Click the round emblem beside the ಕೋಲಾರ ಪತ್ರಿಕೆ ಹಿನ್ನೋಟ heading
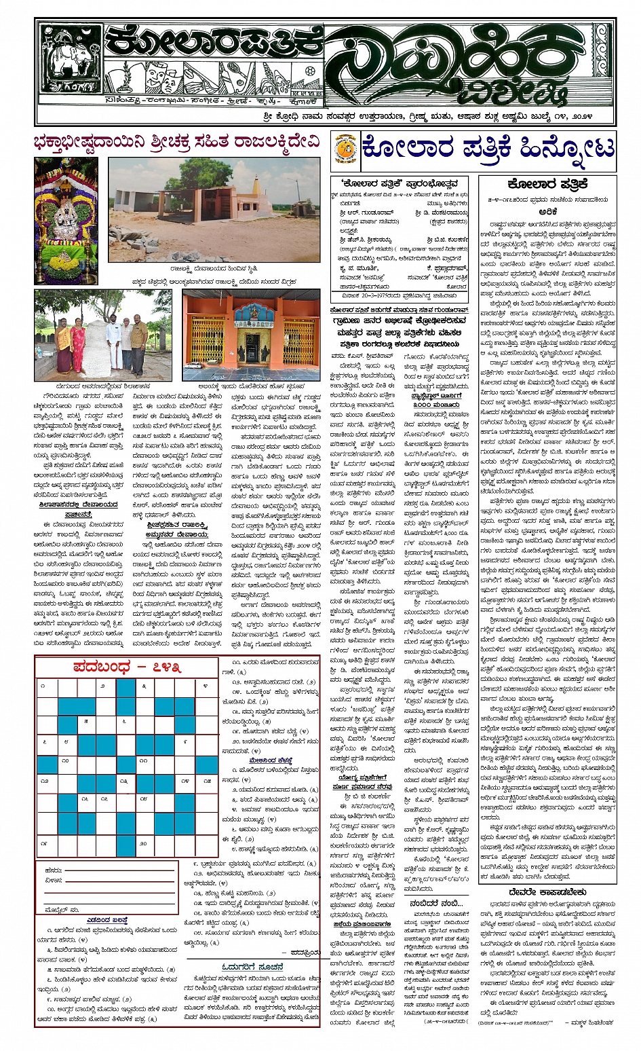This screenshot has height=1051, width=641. [x=347, y=151]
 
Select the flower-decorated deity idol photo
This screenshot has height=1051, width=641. [x=66, y=221]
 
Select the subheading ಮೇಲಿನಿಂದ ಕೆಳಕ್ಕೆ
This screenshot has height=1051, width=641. [x=271, y=760]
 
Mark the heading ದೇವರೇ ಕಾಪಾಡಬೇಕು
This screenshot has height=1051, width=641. [x=547, y=891]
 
